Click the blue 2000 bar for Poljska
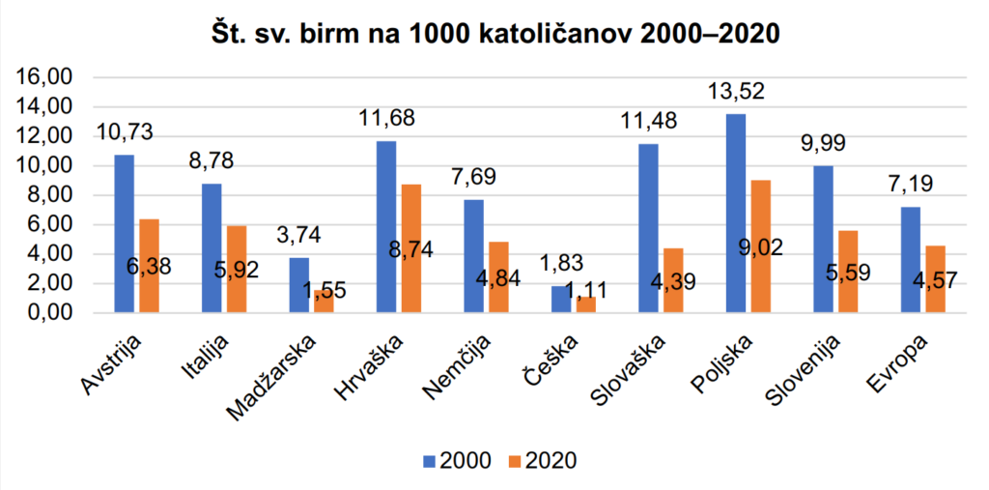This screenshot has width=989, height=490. tap(735, 213)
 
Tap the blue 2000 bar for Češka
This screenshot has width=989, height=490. tap(560, 299)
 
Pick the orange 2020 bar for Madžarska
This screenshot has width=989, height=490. tap(324, 302)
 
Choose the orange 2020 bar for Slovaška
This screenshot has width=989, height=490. tap(672, 280)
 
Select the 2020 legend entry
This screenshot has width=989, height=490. tap(540, 459)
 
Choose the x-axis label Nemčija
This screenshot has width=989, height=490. tap(463, 366)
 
